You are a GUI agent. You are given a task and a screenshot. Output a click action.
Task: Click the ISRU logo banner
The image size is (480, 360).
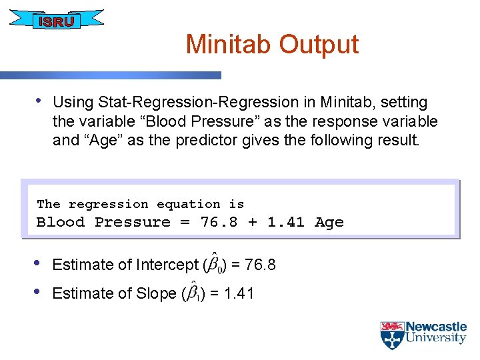(x=57, y=21)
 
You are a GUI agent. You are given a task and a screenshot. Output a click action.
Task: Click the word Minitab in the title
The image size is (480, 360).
(x=229, y=45)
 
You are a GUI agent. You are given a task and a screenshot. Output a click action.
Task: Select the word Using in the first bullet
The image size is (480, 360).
(x=73, y=103)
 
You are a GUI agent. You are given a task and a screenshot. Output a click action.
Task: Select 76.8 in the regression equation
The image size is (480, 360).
(x=219, y=222)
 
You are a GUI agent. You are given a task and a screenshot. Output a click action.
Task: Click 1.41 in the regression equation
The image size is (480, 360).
(x=285, y=222)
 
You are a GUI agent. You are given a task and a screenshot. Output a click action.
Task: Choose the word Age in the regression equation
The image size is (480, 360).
(x=329, y=222)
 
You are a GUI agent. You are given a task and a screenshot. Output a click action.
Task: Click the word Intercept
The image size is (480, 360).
(x=167, y=265)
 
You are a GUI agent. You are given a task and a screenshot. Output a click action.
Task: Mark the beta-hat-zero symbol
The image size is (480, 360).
(x=214, y=264)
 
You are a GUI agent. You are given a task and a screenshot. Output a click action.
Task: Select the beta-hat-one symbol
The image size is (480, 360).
(x=193, y=292)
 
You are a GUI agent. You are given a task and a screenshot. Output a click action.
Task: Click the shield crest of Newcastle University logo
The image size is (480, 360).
(x=391, y=335)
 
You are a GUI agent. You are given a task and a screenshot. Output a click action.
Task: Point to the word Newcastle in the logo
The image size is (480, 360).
(x=436, y=327)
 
